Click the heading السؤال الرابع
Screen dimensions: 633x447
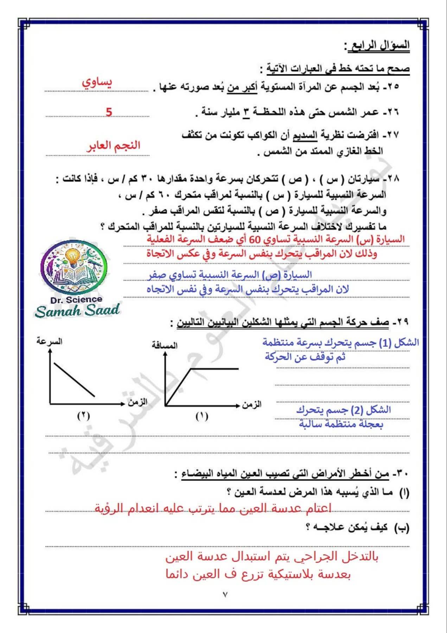pos(378,46)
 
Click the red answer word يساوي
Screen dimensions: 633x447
pos(97,83)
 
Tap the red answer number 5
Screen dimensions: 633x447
pos(109,112)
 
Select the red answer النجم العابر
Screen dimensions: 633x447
pos(113,146)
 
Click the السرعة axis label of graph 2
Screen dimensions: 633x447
pos(49,341)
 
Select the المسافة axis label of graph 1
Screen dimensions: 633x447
pos(165,345)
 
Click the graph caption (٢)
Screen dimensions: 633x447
pos(83,416)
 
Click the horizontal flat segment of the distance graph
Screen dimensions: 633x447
pos(215,369)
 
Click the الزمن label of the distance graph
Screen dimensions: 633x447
pos(251,404)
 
